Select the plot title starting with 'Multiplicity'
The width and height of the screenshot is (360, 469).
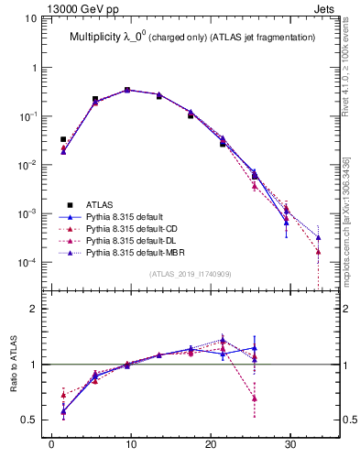192,38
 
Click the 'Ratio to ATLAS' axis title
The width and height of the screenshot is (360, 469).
13,365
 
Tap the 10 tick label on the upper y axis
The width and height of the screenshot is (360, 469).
30,19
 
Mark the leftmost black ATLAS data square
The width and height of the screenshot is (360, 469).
63,139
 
